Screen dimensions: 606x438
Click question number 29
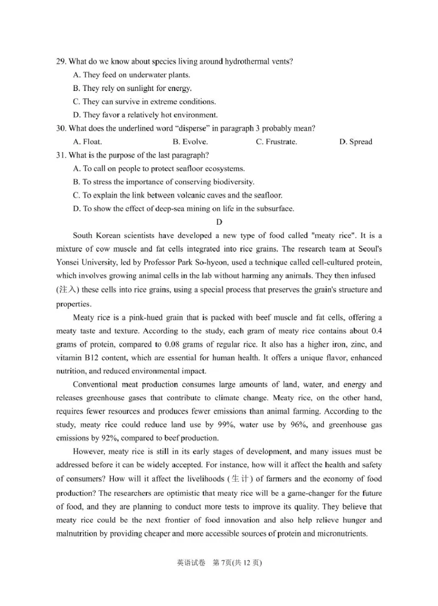pos(61,62)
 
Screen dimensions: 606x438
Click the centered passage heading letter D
pos(219,222)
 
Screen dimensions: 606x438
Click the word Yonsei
pos(70,263)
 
